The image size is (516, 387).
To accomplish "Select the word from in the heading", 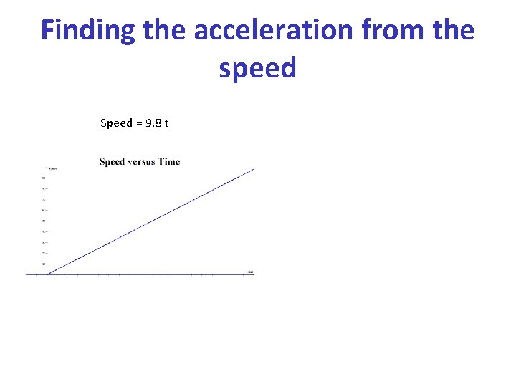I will coord(391,31).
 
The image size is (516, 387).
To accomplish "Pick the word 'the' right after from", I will coord(451,31).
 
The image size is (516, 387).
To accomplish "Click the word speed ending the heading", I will coord(258,68).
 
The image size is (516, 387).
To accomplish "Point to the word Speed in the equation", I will coord(116,123).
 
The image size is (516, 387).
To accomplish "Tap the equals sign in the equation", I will coord(139,123).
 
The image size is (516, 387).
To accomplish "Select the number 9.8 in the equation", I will coord(153,123).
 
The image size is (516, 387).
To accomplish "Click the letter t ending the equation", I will coord(167,123).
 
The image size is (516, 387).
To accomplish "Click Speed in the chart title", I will coord(112,161).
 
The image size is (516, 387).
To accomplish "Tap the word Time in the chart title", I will coord(169,161).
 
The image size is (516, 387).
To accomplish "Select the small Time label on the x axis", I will coord(249,272).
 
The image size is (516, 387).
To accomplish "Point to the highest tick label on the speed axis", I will coord(44,178).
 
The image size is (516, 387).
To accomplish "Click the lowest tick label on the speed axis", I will coord(44,264).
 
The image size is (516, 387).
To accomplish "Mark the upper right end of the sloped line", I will coord(254,169).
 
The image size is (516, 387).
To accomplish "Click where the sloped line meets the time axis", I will coord(47,274).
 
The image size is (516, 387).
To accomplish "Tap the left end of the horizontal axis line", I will coord(27,274).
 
